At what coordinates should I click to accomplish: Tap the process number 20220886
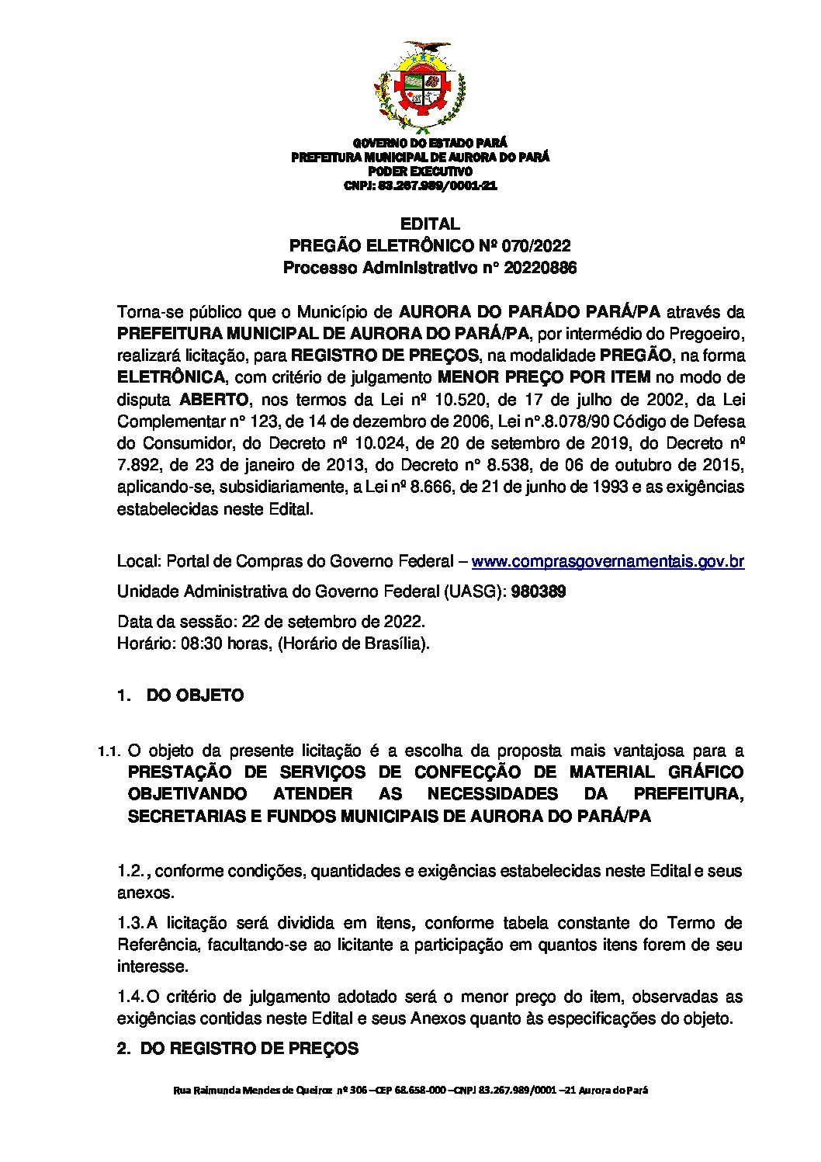tap(538, 269)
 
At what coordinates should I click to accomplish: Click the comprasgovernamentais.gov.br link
tap(608, 561)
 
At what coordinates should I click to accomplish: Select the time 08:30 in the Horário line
tap(201, 643)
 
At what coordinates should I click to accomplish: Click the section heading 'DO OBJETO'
tap(195, 695)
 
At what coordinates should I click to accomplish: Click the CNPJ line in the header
tap(420, 186)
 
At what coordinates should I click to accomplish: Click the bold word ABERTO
tap(215, 400)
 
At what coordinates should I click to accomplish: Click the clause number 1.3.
tap(129, 924)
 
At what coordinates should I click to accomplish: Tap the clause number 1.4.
tap(129, 996)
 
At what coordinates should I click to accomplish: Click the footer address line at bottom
tap(410, 1090)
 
